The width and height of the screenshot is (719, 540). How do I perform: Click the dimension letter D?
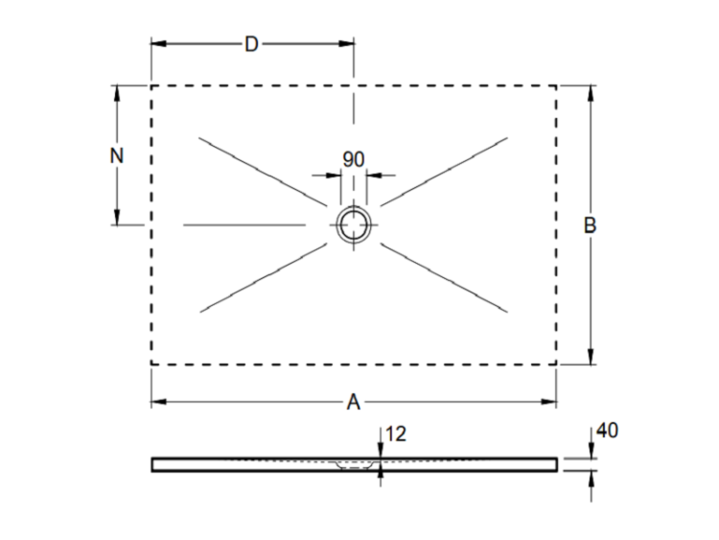tap(251, 44)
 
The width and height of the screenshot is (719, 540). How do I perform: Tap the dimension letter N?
tap(117, 156)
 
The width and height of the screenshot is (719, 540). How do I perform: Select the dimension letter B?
tap(590, 225)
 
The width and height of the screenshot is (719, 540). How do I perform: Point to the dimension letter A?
tap(353, 402)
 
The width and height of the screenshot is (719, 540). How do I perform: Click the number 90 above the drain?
tap(354, 159)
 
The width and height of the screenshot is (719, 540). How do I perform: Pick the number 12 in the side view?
tap(396, 434)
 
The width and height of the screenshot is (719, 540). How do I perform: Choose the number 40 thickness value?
tap(608, 431)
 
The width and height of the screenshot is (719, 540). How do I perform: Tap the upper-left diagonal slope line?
tap(262, 171)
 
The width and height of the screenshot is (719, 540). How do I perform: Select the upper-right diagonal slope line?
tap(444, 171)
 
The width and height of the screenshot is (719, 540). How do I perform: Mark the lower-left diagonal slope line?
tap(263, 278)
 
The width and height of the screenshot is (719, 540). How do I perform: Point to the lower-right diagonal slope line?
tap(444, 278)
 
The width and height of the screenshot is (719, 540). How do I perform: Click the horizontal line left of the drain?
tap(244, 224)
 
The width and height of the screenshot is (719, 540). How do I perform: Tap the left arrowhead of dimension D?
tap(158, 43)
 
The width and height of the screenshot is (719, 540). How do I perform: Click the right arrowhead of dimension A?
tap(549, 402)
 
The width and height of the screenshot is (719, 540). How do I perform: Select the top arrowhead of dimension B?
tap(591, 94)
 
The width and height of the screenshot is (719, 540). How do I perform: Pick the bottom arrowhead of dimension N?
tap(117, 217)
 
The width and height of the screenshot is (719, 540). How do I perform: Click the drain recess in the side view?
tap(355, 466)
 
